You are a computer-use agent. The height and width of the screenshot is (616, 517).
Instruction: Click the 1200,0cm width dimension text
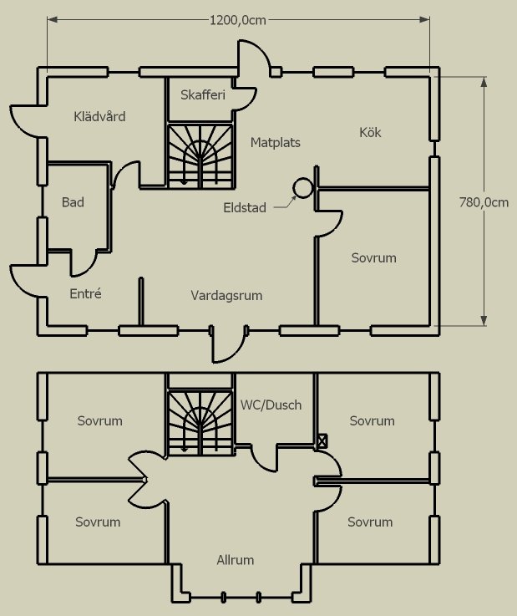point(238,21)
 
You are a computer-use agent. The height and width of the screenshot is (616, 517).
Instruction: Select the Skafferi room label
point(203,95)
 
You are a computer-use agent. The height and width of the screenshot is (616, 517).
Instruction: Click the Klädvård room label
point(99,116)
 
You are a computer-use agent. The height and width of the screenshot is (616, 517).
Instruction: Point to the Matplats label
point(275,143)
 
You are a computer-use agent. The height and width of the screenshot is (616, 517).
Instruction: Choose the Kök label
point(370,132)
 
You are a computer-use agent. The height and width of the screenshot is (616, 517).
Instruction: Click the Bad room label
point(73,202)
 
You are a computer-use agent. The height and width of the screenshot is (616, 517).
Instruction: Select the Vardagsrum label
point(226,295)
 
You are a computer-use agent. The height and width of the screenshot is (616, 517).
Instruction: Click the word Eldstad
point(245,207)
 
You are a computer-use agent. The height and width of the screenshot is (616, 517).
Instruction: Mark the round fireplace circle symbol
point(302,189)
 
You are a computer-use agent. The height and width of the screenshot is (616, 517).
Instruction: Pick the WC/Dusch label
point(271,405)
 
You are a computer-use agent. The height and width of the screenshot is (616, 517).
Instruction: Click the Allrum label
point(235,560)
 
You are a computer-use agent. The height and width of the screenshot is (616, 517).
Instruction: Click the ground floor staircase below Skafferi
point(200,155)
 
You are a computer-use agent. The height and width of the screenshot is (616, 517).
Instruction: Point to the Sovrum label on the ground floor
point(373,258)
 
